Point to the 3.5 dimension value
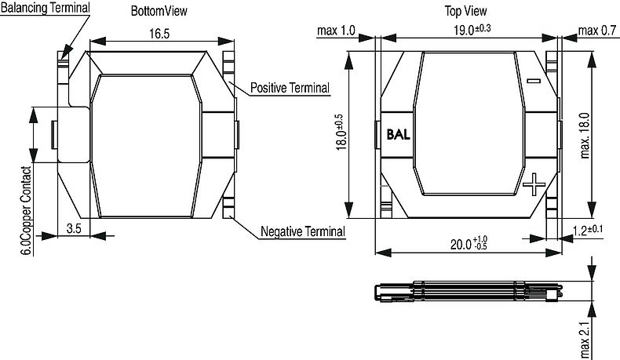[x=73, y=228]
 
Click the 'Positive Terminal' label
[x=290, y=88]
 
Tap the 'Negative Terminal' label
[x=302, y=232]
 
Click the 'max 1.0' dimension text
[x=336, y=31]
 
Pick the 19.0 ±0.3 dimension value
[x=472, y=30]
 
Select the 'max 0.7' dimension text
[x=596, y=31]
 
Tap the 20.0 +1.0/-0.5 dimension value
[x=469, y=243]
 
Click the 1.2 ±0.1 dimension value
[x=588, y=229]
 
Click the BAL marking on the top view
[x=399, y=133]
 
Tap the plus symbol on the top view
[x=533, y=185]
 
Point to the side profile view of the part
[x=469, y=290]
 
